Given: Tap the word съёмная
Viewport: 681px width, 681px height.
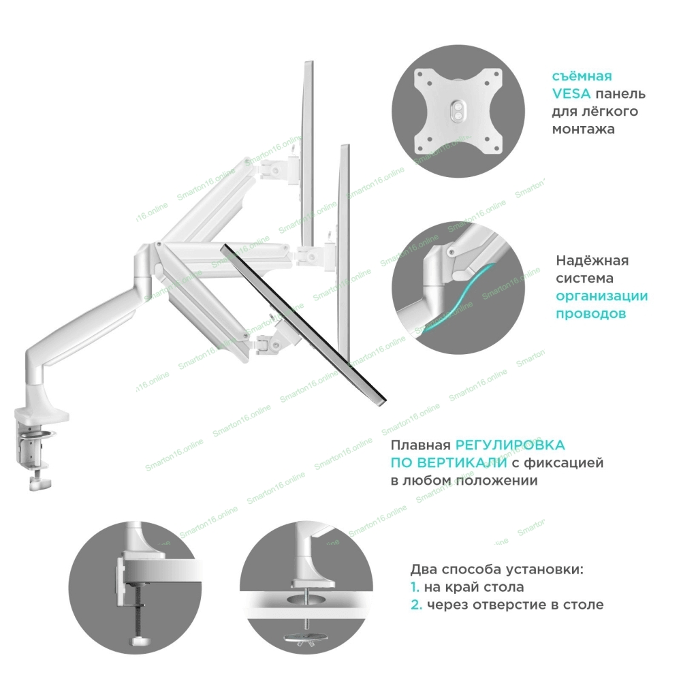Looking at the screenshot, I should point(582,76).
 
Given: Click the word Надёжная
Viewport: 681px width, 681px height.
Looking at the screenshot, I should point(592,262).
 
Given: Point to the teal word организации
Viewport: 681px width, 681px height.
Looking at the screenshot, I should point(601,297).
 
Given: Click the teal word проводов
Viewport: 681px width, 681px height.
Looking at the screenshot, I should point(590,315).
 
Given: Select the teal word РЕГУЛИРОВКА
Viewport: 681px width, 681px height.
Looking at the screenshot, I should point(510,445).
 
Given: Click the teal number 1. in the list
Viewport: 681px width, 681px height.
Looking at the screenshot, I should point(415,587).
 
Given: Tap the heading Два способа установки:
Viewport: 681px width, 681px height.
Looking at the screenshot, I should point(497,569).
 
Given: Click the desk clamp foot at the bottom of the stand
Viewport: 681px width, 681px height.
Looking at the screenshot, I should point(39,484).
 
